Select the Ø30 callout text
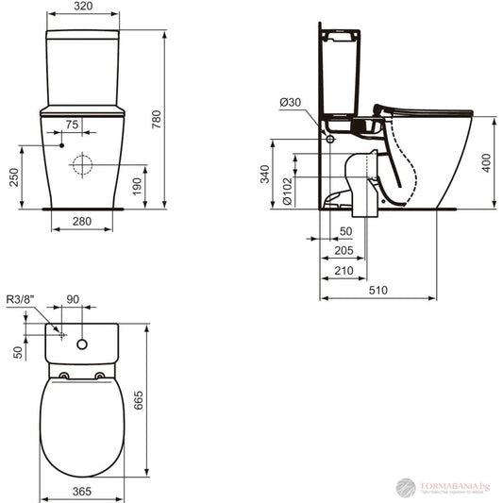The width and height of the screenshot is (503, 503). (x=290, y=102)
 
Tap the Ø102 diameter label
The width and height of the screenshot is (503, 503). (x=286, y=193)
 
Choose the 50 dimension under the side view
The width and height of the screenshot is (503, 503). (x=345, y=230)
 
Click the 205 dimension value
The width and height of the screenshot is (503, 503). (x=343, y=251)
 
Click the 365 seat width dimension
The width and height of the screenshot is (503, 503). (x=83, y=492)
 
